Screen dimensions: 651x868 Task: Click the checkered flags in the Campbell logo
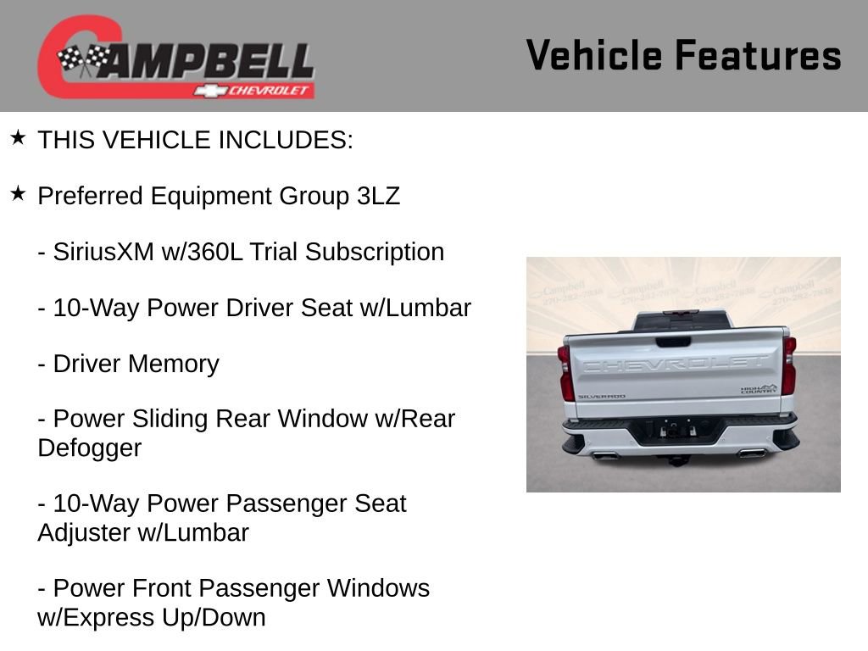84,60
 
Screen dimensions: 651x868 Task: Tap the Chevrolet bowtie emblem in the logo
206,90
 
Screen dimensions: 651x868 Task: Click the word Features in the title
758,55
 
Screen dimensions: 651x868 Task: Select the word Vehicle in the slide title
594,55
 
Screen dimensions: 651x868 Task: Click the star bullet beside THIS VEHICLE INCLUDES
18,137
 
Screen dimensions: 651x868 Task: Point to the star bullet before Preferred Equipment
18,194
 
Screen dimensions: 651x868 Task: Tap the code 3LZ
377,196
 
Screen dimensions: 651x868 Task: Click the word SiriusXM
103,252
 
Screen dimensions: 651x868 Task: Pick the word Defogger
89,448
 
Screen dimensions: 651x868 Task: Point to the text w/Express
94,617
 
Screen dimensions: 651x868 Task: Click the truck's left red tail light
566,373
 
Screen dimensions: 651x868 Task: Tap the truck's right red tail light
789,366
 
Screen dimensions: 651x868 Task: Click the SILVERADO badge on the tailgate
601,396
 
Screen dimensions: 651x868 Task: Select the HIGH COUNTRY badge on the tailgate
758,389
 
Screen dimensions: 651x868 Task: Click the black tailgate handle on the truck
672,342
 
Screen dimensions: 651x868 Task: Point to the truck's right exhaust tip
751,453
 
